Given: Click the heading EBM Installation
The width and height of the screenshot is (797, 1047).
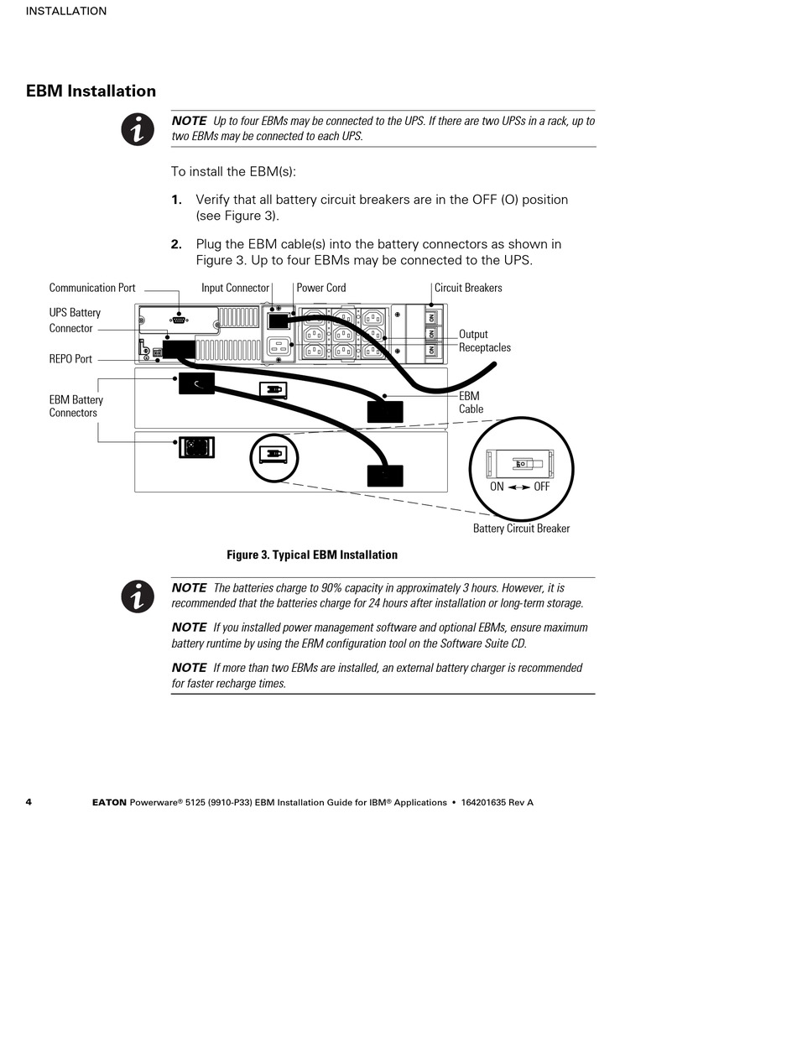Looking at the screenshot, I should click(91, 91).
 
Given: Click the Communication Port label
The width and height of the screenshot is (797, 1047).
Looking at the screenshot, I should click(92, 288).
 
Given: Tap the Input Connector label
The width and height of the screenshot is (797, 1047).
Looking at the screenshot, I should click(235, 288).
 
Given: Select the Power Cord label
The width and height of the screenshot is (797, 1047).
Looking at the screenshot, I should click(321, 288).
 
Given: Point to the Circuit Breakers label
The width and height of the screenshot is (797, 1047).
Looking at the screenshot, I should click(468, 288).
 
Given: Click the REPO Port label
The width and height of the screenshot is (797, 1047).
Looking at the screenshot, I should click(70, 359).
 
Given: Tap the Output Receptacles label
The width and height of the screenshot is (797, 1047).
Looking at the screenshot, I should click(484, 341).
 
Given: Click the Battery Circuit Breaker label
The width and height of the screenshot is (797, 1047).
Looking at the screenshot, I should click(521, 529).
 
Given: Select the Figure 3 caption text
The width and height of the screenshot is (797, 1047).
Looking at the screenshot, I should click(312, 555).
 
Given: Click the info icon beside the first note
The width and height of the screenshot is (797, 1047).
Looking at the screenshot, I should click(138, 129).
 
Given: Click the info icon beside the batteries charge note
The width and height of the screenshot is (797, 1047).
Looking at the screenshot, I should click(138, 596).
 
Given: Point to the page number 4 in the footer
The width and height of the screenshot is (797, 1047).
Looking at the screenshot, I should click(29, 802).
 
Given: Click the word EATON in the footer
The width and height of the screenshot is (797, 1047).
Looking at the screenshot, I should click(109, 803).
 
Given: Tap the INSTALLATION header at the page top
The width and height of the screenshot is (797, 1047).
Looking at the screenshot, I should click(66, 11).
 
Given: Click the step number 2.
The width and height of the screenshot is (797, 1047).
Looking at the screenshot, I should click(176, 244).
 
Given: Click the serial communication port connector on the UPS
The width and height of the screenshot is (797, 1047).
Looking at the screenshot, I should click(179, 319).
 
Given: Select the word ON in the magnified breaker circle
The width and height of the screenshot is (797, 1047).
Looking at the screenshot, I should click(497, 487).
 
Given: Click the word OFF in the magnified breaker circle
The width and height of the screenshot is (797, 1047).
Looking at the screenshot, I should click(542, 487).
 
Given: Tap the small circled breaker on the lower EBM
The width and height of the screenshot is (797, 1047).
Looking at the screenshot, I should click(273, 456).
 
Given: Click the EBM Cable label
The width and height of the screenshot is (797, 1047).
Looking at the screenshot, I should click(469, 403).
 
